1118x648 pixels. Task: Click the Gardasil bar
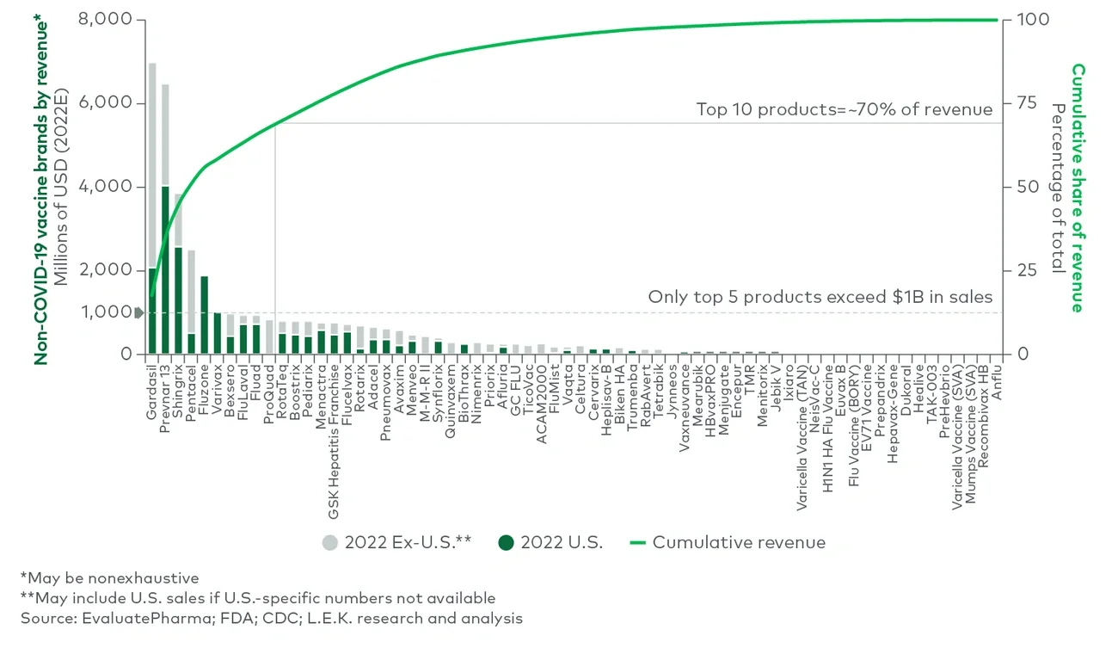[x=152, y=207]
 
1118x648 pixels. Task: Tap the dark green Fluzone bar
[x=205, y=315]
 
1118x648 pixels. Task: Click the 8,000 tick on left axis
[x=108, y=19]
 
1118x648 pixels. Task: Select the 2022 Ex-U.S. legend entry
[x=396, y=542]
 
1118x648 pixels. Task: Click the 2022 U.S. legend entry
[x=551, y=542]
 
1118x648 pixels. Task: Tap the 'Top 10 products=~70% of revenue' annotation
[x=844, y=109]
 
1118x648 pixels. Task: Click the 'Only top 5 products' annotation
[x=820, y=297]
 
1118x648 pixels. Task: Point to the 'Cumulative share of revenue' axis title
[x=1077, y=188]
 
